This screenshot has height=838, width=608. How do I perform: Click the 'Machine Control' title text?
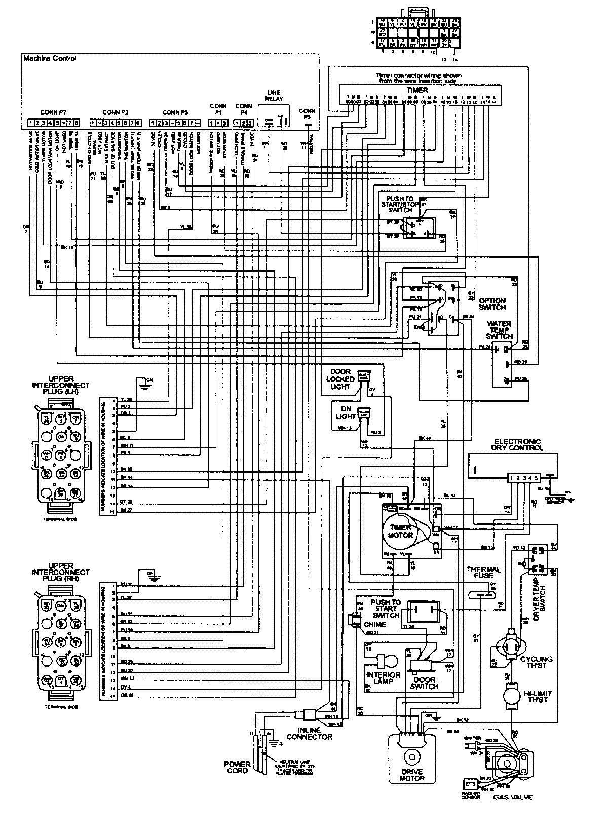[x=50, y=58]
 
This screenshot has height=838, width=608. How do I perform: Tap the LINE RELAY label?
[x=273, y=96]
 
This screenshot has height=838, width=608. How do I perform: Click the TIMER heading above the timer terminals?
[x=417, y=89]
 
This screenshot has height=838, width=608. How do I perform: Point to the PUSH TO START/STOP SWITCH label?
[x=400, y=204]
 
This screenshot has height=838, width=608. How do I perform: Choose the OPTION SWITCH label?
[x=492, y=304]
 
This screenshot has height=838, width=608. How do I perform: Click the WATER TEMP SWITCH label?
[x=499, y=330]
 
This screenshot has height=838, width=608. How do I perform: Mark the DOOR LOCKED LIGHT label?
[x=341, y=379]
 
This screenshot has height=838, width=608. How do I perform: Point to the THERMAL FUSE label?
[x=483, y=573]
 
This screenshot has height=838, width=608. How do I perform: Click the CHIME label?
[x=374, y=624]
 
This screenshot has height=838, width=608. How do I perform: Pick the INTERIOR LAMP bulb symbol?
[x=388, y=662]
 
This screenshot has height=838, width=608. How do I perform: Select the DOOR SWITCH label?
[x=425, y=683]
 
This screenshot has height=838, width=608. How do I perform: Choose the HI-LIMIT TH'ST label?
[x=538, y=697]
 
